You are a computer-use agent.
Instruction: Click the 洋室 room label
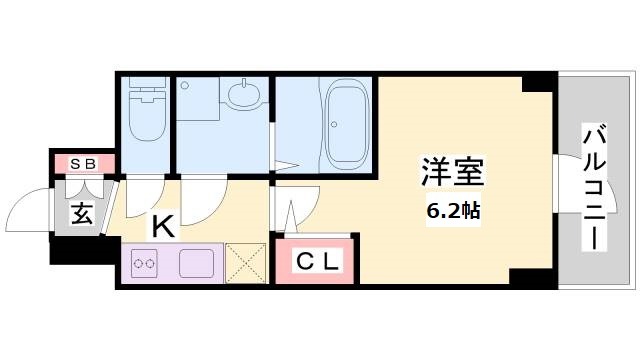(453, 173)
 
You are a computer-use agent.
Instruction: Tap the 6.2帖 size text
(453, 211)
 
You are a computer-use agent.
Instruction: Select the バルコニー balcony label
(595, 189)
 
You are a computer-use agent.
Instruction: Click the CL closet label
(317, 262)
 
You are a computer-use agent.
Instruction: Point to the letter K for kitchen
(163, 227)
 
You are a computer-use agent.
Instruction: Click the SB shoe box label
(83, 164)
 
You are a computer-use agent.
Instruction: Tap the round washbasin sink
(244, 93)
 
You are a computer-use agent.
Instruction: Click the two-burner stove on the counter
(144, 263)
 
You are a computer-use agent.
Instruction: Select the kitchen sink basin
(197, 263)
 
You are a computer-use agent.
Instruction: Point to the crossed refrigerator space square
(245, 263)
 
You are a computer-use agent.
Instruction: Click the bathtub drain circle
(334, 124)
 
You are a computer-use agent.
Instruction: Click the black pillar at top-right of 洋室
(540, 82)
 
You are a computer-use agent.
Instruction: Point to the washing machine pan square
(198, 100)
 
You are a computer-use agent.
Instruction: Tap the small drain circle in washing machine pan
(184, 86)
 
